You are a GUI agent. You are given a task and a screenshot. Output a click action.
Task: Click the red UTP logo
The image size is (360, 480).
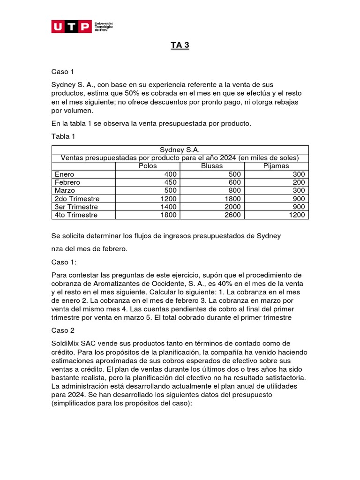point(71,27)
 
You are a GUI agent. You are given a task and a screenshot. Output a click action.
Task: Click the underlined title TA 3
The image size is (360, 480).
point(180,46)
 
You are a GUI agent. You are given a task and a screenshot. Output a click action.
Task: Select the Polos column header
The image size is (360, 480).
point(148,166)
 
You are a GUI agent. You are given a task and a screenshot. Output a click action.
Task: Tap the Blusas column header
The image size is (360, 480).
point(212,166)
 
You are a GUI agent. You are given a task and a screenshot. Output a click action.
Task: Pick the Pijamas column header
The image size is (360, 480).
point(277,166)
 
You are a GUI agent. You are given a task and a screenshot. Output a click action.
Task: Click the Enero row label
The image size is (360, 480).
point(65,174)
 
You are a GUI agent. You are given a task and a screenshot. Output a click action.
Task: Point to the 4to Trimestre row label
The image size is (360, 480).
point(76,215)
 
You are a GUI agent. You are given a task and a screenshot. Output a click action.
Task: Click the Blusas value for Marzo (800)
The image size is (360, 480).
point(234,190)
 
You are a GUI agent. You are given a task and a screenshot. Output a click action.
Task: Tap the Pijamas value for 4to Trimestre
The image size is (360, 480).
point(297,215)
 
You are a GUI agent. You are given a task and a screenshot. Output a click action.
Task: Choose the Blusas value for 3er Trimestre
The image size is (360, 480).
point(232,207)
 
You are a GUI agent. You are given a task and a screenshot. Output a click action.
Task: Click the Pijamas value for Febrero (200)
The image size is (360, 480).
point(299,182)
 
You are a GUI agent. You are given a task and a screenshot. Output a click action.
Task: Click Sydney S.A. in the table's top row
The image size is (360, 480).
point(180,150)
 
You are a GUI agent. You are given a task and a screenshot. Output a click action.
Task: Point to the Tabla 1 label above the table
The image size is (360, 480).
point(63,136)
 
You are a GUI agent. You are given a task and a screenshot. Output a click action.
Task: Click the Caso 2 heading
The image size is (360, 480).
point(63,330)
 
